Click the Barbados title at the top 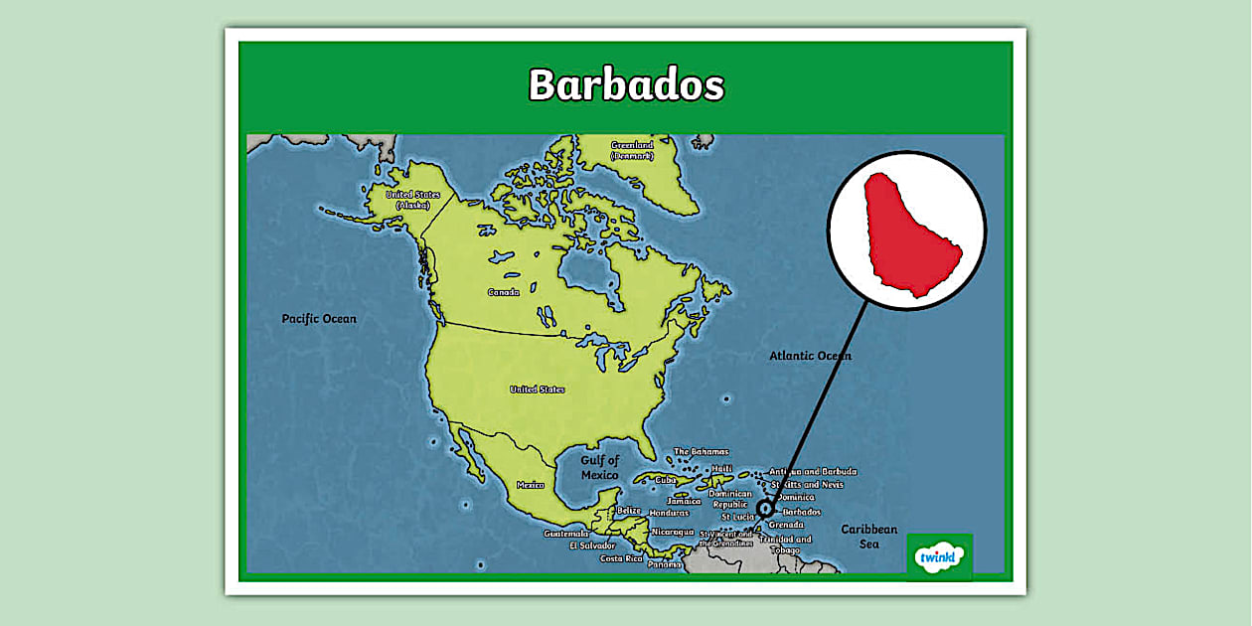pos(626,84)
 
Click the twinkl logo pos(939,557)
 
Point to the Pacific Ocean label pos(319,319)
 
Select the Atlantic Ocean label pos(810,356)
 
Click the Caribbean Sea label pos(869,537)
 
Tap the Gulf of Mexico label pos(600,467)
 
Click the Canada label pos(503,292)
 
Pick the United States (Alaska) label pos(412,199)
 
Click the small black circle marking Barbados pos(764,509)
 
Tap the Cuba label pos(666,480)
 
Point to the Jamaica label pos(684,501)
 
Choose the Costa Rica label pos(621,558)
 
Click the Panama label pos(665,564)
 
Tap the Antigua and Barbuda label pos(813,472)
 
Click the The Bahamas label pos(701,451)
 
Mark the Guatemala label pos(565,534)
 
